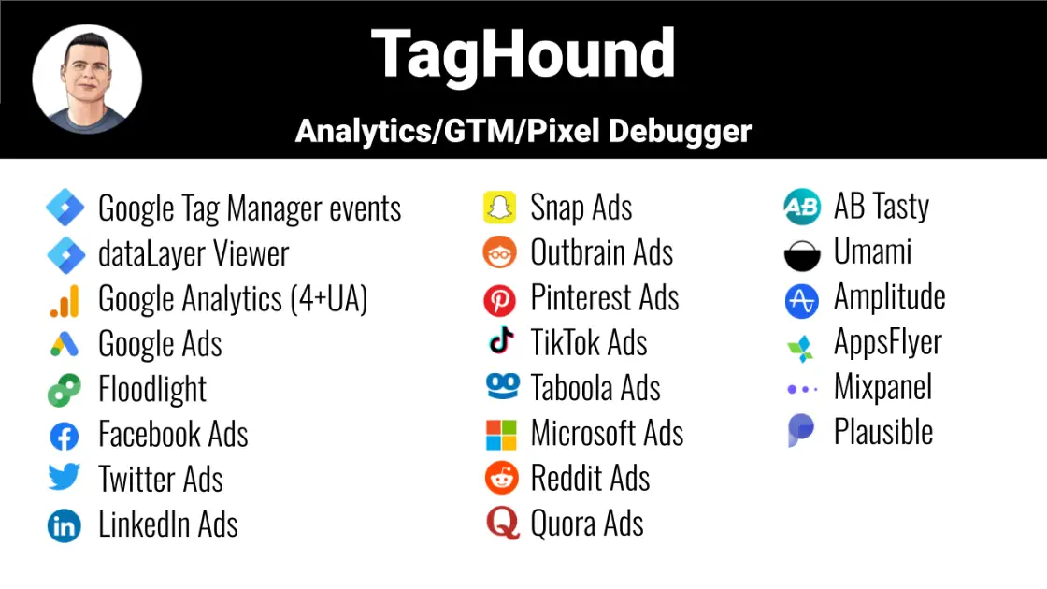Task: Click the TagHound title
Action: click(523, 53)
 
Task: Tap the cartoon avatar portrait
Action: click(87, 79)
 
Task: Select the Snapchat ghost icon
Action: click(500, 208)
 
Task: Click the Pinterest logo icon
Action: click(500, 299)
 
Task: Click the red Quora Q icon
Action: click(502, 524)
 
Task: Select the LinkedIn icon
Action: click(65, 525)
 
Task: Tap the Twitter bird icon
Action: click(65, 479)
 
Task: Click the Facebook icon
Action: click(65, 435)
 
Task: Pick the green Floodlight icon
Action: click(65, 390)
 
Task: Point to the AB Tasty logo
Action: click(802, 207)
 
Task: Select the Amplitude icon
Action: click(802, 299)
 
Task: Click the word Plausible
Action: click(883, 432)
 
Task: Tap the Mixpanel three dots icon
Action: click(802, 388)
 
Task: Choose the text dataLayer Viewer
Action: click(194, 254)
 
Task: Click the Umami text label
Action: click(872, 251)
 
